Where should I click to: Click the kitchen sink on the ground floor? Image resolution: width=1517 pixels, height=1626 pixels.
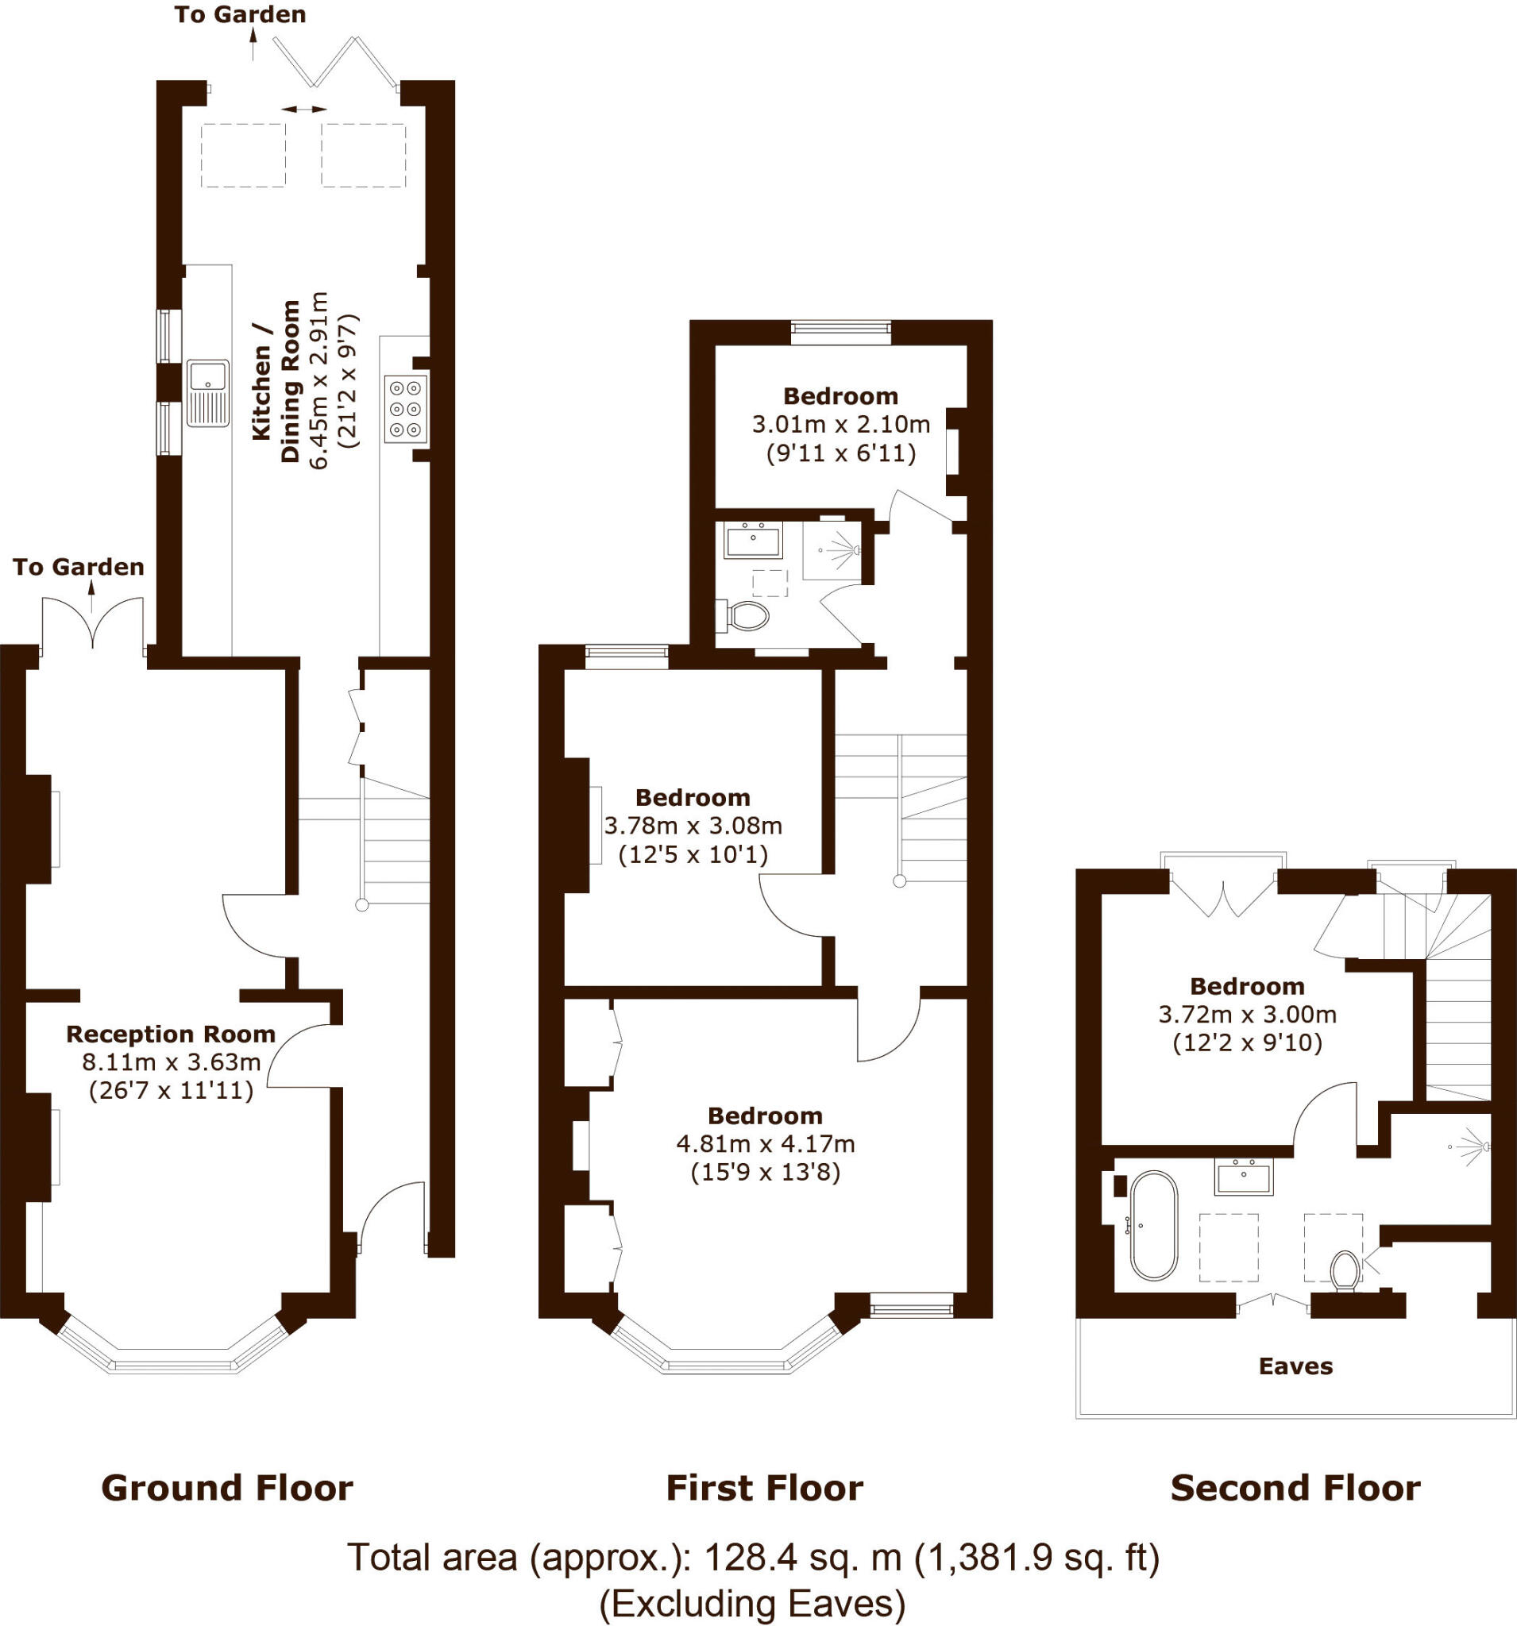click(x=208, y=392)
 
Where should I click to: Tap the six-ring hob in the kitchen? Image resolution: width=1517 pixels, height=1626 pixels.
click(x=406, y=409)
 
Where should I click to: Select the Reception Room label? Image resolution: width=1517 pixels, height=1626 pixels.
click(x=170, y=1034)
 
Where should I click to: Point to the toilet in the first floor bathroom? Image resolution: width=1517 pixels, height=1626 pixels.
click(x=747, y=616)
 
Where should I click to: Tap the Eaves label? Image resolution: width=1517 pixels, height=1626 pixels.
click(x=1295, y=1366)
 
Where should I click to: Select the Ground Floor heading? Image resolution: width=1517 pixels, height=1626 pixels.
click(x=226, y=1488)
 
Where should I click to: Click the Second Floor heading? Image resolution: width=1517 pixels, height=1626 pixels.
click(x=1295, y=1488)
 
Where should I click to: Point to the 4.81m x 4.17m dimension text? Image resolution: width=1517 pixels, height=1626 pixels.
click(x=765, y=1143)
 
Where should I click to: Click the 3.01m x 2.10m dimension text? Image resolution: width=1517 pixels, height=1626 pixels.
click(x=840, y=425)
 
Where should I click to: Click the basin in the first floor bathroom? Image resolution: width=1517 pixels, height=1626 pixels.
click(x=753, y=540)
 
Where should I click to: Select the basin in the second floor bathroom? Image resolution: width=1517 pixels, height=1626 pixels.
click(x=1244, y=1177)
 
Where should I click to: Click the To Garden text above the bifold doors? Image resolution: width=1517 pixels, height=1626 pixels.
click(x=240, y=15)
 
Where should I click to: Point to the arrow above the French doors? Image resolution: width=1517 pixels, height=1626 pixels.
click(x=91, y=596)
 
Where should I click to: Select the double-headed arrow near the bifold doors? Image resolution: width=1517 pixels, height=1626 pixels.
click(x=303, y=109)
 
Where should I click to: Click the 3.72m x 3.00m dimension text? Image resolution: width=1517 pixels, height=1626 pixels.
click(x=1247, y=1015)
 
